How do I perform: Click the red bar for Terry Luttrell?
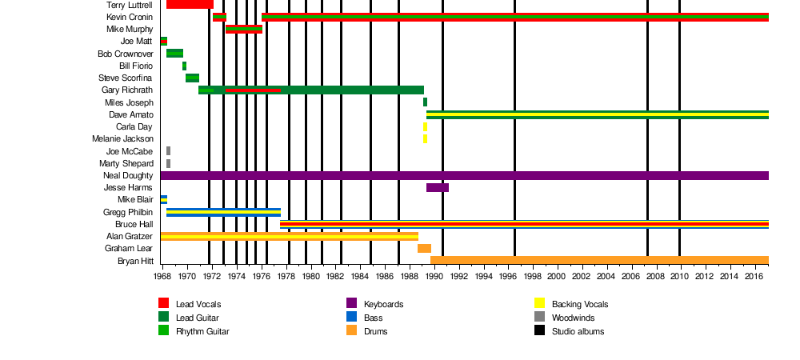190,5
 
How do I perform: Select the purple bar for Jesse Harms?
437,188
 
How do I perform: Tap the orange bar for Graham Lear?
424,249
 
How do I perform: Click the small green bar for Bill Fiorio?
184,66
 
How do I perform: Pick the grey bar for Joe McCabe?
168,151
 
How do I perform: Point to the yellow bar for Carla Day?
425,126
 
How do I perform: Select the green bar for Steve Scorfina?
192,78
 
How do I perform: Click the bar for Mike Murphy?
243,30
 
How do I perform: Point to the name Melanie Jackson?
122,139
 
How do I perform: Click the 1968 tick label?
162,277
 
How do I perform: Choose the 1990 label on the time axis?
434,277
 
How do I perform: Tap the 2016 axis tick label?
754,277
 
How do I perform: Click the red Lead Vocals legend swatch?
163,303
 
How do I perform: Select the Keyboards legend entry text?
383,304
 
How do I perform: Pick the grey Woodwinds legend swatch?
539,317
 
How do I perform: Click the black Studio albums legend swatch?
539,330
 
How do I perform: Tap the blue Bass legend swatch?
351,317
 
